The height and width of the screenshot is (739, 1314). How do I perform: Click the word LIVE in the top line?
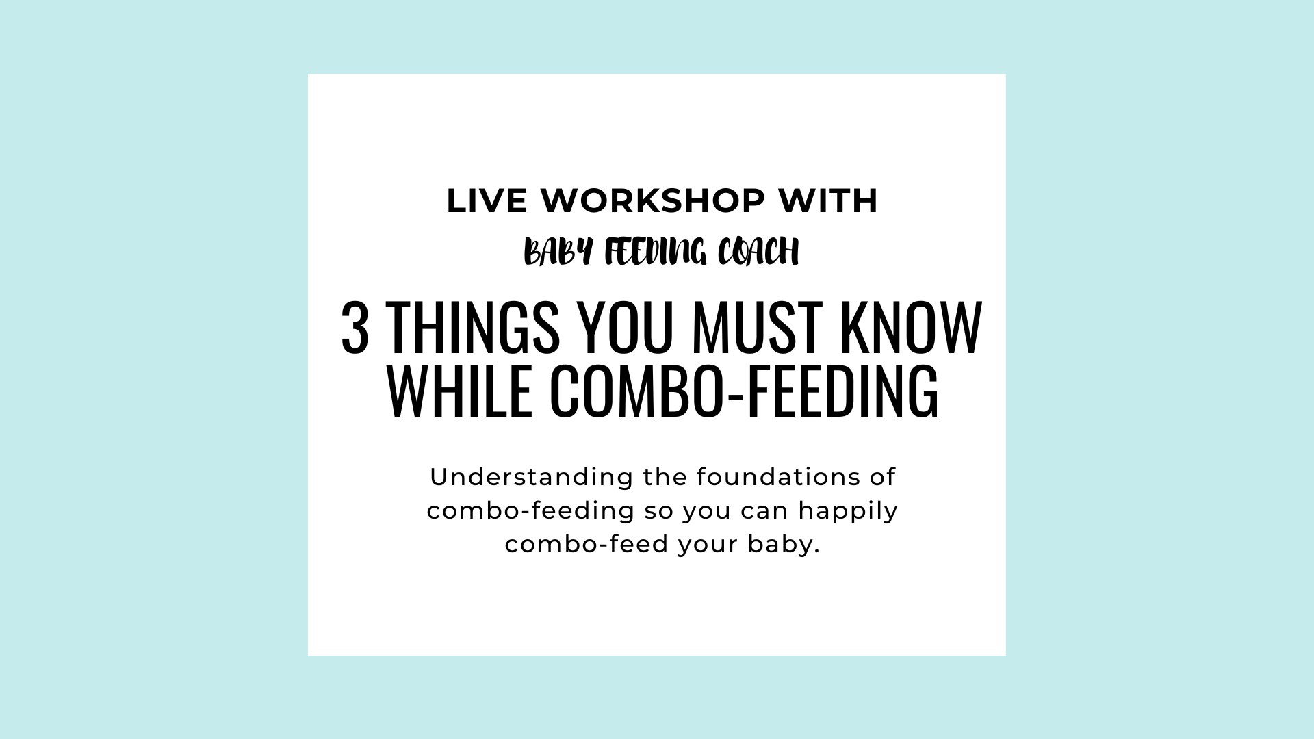pos(487,201)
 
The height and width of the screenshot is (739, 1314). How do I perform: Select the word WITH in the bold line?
pos(827,201)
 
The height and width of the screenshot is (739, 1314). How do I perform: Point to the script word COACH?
pos(758,252)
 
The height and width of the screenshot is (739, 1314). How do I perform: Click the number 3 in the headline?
pos(355,328)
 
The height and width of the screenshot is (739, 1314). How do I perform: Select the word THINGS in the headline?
pos(473,328)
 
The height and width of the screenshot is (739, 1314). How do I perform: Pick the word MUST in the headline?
pos(757,328)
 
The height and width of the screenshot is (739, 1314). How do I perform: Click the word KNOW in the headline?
pos(911,328)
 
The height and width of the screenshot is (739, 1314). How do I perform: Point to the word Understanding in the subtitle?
pos(532,478)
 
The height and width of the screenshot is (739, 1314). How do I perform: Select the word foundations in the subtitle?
pos(776,477)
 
